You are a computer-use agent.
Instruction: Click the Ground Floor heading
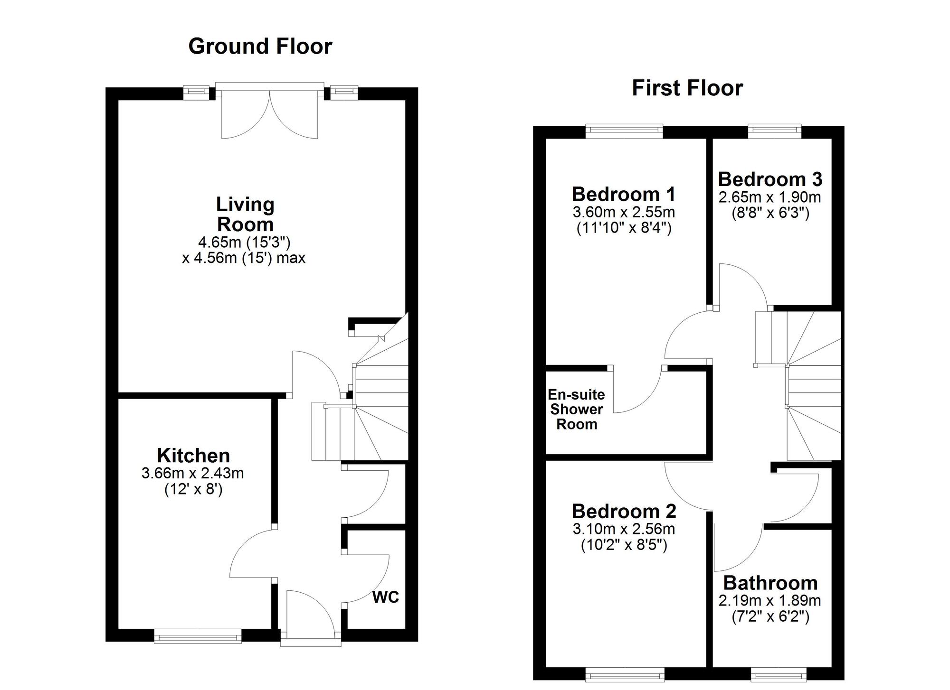point(260,47)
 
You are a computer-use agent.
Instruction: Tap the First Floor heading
point(687,88)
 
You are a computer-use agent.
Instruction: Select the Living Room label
point(245,214)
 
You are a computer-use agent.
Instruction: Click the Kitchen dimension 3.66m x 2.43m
point(192,473)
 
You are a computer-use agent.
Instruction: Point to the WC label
point(385,597)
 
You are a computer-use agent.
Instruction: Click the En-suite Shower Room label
point(576,410)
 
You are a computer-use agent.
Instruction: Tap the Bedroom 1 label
point(623,194)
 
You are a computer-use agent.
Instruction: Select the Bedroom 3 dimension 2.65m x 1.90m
point(769,197)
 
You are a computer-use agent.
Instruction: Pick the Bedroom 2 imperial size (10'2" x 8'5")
point(624,545)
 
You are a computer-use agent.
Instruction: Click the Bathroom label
point(770,583)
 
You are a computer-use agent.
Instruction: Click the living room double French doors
point(270,114)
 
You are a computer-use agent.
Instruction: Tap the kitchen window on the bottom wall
point(198,636)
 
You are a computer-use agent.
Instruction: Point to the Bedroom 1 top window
point(624,131)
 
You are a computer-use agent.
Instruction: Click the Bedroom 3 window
point(774,131)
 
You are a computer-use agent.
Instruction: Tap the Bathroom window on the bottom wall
point(778,674)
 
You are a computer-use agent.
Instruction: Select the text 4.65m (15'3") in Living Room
point(244,242)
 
